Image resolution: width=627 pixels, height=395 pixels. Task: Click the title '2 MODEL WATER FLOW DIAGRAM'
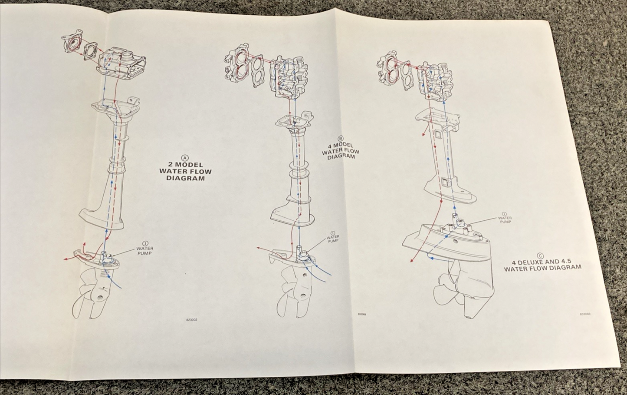tap(185, 172)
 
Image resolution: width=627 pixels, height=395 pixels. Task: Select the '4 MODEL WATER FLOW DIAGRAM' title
tap(341, 152)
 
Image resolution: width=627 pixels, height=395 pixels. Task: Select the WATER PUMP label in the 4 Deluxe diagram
tap(505, 219)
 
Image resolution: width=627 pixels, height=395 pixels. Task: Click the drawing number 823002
tap(191, 320)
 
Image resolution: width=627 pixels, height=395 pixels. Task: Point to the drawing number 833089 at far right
tap(585, 314)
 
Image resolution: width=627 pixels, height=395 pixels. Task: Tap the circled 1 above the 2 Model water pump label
tap(145, 243)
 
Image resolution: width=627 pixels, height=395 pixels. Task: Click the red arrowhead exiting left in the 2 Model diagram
tap(66, 259)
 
